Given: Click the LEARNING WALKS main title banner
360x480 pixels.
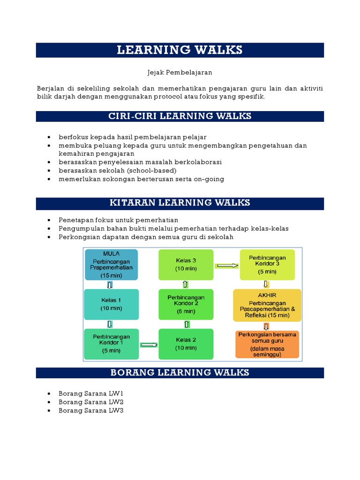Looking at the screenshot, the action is [x=180, y=50].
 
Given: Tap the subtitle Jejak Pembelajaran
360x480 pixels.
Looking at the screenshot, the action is [x=180, y=73].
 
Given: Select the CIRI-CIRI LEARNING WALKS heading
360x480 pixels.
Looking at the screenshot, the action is [x=180, y=116].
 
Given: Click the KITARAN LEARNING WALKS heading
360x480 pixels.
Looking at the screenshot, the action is [x=180, y=203].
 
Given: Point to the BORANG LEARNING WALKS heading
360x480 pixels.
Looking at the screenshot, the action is [x=180, y=373].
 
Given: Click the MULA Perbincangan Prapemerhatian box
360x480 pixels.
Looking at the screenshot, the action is [x=111, y=265].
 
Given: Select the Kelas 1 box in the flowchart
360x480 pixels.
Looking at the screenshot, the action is [x=111, y=304].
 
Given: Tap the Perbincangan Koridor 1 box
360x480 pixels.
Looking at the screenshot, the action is [x=111, y=344].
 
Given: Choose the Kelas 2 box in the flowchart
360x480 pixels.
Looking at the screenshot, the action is [x=186, y=344].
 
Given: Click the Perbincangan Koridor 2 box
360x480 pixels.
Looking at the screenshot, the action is [x=186, y=304].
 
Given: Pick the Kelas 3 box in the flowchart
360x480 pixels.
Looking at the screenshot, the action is [x=186, y=265].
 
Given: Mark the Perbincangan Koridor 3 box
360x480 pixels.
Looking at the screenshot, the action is [x=268, y=265].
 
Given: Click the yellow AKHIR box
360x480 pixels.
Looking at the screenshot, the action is [x=267, y=305].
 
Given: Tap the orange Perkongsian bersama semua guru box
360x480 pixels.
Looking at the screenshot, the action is [x=267, y=345].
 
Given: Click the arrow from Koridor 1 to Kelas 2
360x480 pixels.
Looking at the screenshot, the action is [x=149, y=345].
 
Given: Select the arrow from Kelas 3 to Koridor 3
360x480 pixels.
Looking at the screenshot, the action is [x=226, y=266].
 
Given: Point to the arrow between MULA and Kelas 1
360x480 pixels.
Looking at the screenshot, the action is [x=110, y=285].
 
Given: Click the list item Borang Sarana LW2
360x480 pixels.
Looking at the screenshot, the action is [x=91, y=402].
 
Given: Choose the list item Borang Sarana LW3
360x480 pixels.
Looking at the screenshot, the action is [x=91, y=411].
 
